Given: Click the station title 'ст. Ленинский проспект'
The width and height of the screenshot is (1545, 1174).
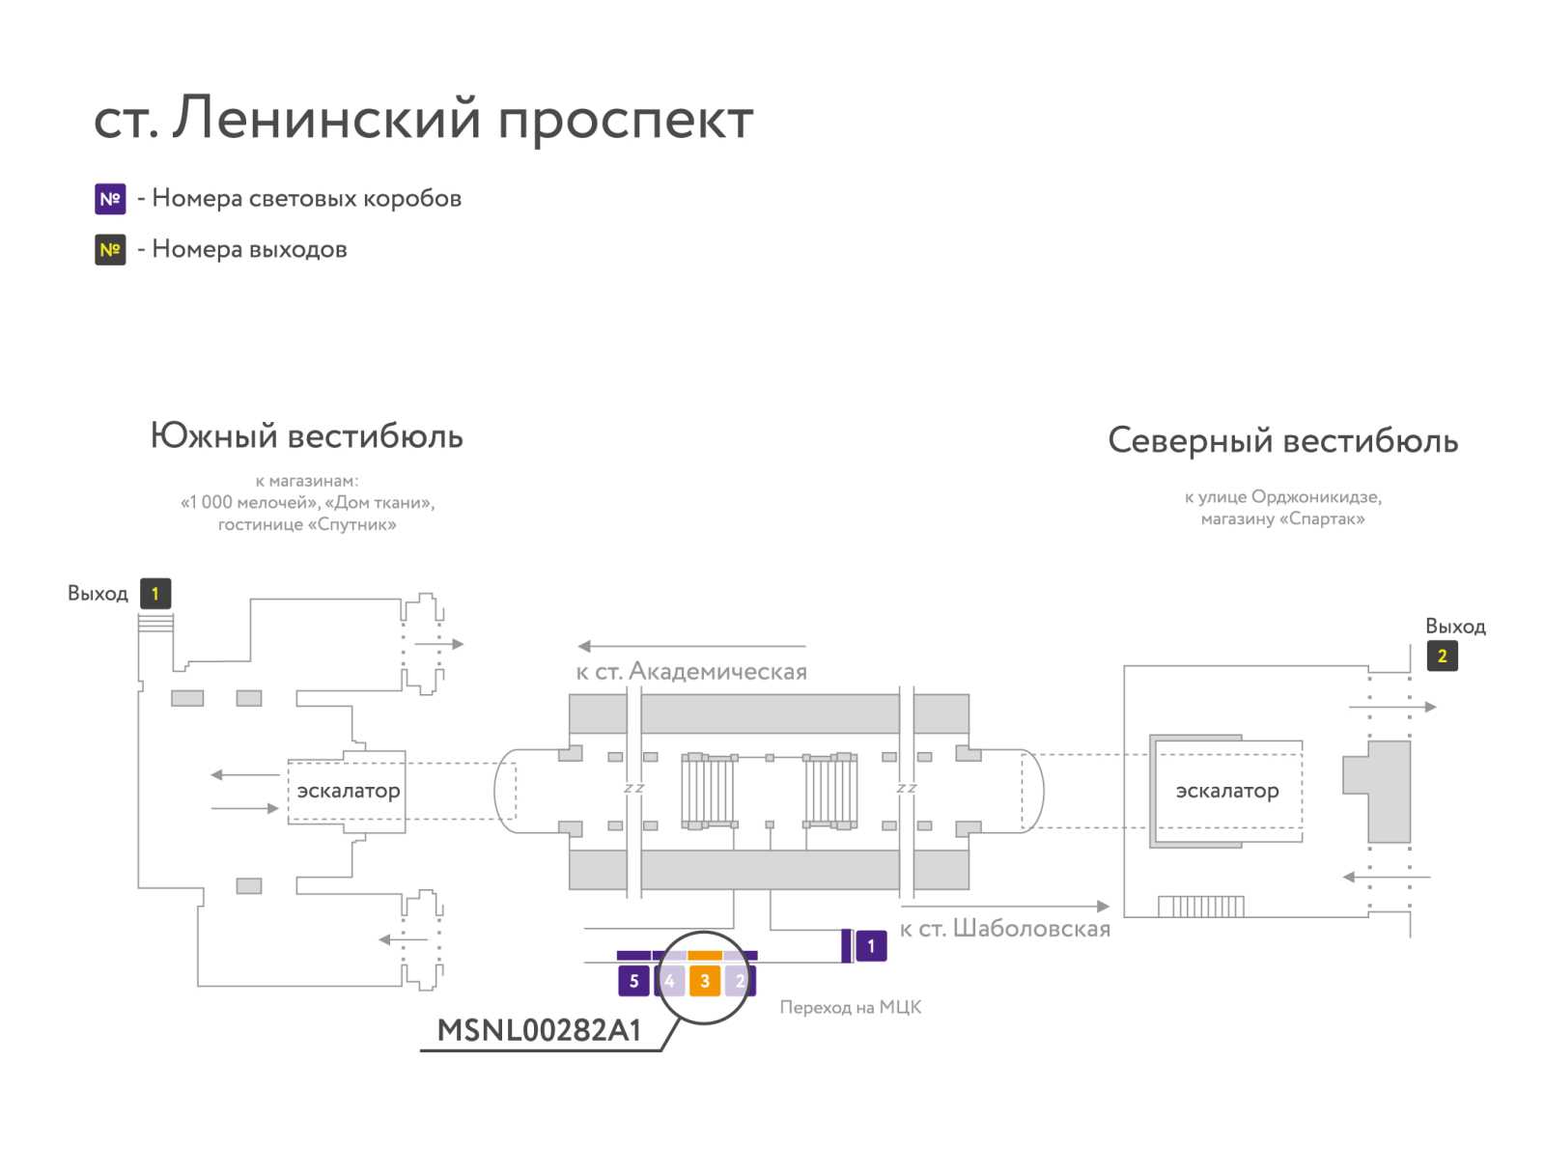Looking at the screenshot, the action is [x=423, y=119].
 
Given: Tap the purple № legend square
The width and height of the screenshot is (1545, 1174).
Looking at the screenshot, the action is [x=110, y=199].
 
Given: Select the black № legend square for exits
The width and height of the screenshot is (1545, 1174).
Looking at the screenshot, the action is [x=110, y=250].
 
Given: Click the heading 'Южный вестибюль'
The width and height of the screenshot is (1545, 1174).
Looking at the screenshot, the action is [x=307, y=436].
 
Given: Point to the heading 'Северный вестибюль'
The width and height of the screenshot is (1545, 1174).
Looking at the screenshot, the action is [x=1282, y=441].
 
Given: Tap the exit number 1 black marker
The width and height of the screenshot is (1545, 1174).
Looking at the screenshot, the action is [x=155, y=594].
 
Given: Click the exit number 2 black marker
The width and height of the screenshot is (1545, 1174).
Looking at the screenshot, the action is [x=1443, y=657].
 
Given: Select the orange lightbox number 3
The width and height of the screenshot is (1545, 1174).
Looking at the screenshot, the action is [x=705, y=981].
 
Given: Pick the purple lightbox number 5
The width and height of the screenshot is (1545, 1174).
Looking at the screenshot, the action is [x=633, y=981].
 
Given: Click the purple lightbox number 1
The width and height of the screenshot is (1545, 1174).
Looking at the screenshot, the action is [x=871, y=946].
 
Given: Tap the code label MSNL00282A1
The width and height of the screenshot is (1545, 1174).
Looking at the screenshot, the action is [x=539, y=1030].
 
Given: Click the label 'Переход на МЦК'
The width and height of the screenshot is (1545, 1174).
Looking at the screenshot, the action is [x=851, y=1007].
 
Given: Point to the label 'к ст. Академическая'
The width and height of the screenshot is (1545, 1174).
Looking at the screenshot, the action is [x=691, y=671].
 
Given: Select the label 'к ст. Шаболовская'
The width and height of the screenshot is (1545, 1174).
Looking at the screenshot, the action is [x=1005, y=929].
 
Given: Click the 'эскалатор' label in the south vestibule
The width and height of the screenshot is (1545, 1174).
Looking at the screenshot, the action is [x=349, y=791].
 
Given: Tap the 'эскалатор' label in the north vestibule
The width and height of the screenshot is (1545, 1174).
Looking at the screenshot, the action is [x=1227, y=791].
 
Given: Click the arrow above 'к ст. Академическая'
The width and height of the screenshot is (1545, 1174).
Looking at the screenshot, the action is [x=691, y=646].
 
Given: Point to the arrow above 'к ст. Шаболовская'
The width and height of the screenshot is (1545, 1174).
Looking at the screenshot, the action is [x=1005, y=906].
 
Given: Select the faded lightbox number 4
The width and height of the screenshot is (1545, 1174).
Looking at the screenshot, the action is [x=669, y=981].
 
